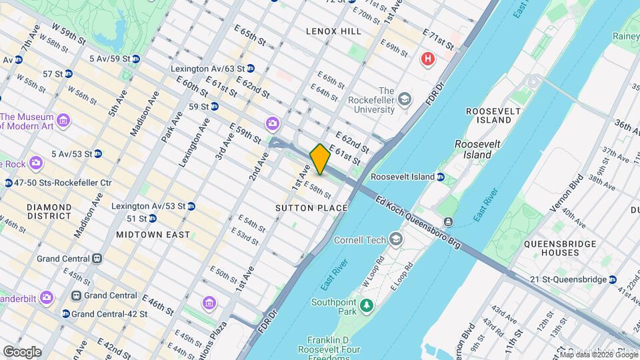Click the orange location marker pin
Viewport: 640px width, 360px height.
(x=320, y=159)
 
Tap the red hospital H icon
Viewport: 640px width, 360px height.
(x=427, y=59)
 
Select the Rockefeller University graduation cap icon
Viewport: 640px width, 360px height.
(x=405, y=100)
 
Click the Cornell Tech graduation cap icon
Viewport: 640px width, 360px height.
(x=397, y=239)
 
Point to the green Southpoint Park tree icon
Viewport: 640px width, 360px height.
(x=365, y=306)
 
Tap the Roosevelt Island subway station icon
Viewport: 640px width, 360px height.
(x=440, y=177)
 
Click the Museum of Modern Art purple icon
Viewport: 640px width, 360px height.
(x=63, y=121)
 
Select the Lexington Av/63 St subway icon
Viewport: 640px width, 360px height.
(x=250, y=68)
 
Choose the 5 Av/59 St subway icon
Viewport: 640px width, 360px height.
(x=136, y=59)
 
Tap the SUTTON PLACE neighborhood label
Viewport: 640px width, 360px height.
(x=311, y=208)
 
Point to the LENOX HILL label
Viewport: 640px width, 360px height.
(x=333, y=31)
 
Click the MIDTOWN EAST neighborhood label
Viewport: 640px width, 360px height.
(x=153, y=235)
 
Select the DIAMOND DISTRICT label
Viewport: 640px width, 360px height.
(x=49, y=211)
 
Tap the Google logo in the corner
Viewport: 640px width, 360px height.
(x=22, y=351)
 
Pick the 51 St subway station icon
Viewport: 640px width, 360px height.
(x=152, y=218)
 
